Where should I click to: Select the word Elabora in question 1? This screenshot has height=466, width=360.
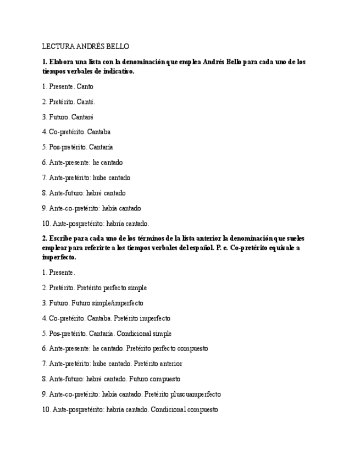(x=62, y=62)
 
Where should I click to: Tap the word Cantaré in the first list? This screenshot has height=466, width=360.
(x=82, y=117)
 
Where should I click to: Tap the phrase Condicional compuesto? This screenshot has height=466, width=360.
(x=184, y=409)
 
